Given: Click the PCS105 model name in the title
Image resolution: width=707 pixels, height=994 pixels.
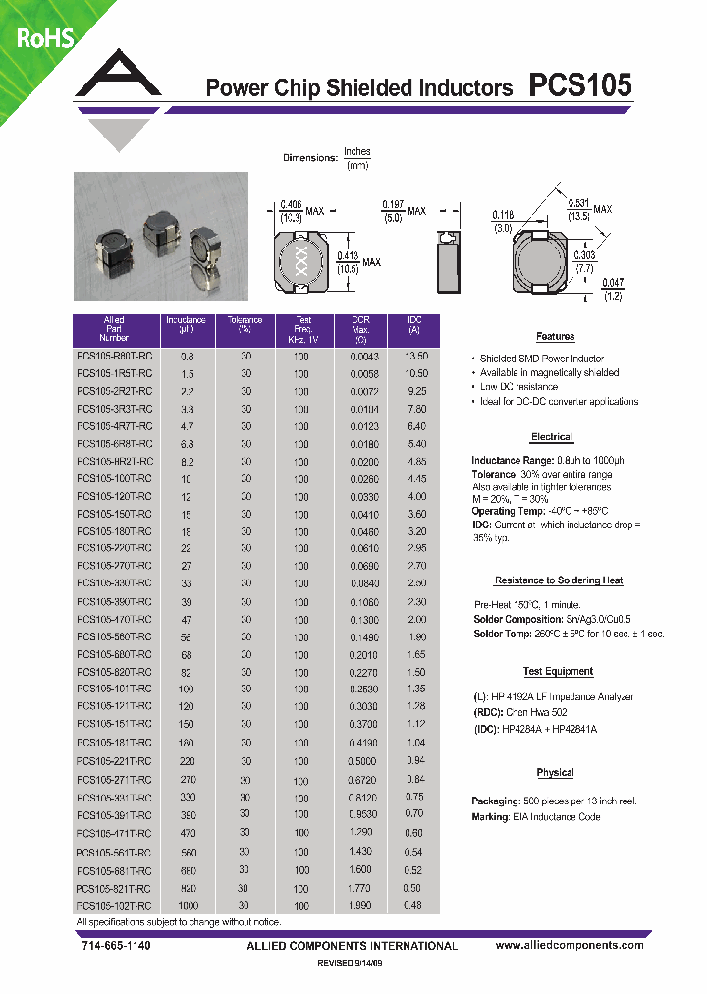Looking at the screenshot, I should point(580,85).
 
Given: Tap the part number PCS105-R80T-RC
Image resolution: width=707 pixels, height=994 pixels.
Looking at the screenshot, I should point(114,356).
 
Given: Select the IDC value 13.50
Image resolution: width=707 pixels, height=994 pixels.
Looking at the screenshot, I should point(416,356).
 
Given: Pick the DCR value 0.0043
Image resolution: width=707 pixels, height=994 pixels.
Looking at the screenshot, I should point(363,356).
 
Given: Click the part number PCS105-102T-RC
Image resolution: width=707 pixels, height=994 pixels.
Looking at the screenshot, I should point(114,905).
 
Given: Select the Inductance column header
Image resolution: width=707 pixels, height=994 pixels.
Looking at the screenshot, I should point(186,325).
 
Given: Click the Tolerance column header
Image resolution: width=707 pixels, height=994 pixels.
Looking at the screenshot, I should point(245,325).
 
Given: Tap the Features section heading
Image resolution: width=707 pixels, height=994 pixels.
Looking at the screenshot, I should point(555,336).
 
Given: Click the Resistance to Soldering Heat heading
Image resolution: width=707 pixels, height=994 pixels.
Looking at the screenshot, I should point(558,580).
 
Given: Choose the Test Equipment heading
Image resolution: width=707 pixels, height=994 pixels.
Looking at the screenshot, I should point(558,672).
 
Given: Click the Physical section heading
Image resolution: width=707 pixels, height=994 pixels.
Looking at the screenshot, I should point(555,773).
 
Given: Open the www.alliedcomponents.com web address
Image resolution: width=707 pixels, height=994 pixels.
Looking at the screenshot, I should point(570,945).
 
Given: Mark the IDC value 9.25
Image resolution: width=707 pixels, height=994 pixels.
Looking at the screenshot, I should point(416,391).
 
